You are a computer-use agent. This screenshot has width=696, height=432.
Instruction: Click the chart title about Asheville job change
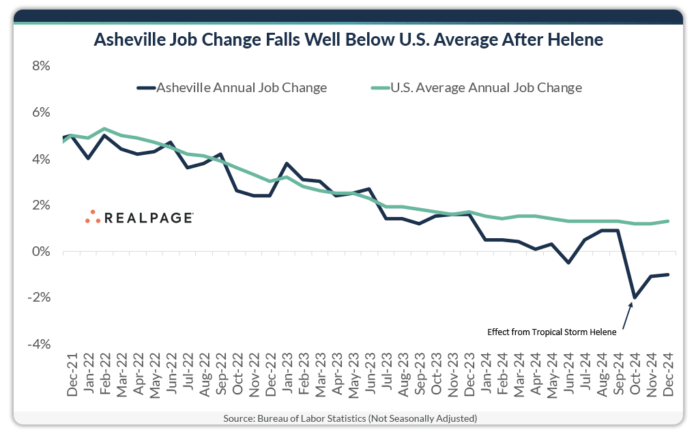(x=348, y=40)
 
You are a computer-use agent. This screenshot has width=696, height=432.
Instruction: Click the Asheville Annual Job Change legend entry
(x=232, y=87)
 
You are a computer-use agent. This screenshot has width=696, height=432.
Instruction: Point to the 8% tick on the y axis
(x=40, y=66)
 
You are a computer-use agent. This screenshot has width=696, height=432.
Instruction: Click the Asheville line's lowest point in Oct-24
(x=635, y=298)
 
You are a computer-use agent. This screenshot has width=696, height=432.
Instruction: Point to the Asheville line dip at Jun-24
(x=568, y=263)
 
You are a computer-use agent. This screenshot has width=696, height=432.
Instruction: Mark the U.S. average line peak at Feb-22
(x=104, y=128)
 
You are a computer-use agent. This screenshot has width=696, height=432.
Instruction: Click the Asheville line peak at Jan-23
(x=287, y=164)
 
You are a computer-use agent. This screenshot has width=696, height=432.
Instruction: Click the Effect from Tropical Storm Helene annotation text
(x=552, y=332)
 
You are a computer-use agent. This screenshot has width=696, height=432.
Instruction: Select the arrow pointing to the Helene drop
(x=628, y=316)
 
